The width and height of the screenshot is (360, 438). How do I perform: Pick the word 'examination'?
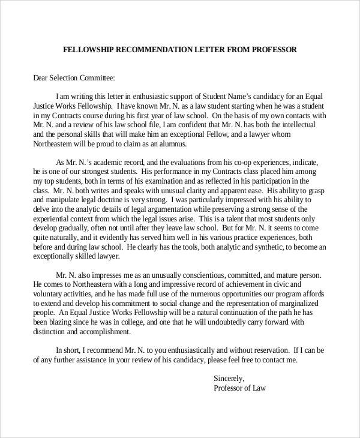[164, 181]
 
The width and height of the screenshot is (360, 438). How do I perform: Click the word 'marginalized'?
[306, 302]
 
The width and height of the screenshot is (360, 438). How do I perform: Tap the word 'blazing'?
[64, 321]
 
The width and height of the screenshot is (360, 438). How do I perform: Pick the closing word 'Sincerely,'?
[229, 378]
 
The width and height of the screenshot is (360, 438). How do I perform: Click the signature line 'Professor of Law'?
[239, 388]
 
